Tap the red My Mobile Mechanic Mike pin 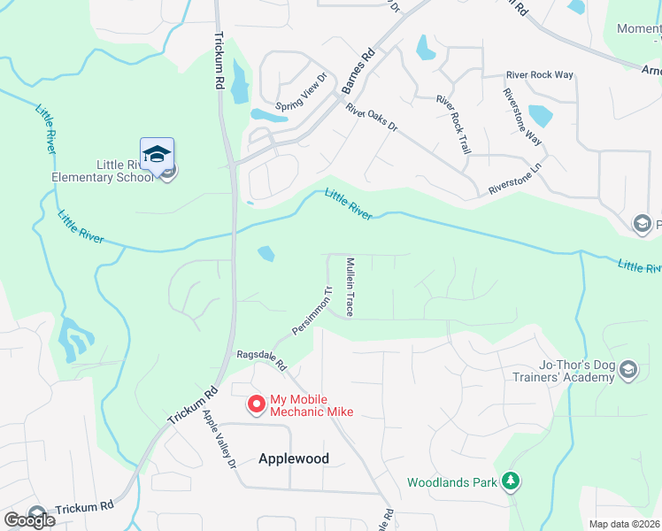pos(257,404)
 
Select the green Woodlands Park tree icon pos(510,481)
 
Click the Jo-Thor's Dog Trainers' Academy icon pos(627,369)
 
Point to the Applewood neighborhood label pos(294,458)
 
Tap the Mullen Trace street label pos(350,287)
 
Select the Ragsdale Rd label pos(262,359)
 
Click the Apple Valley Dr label pos(219,439)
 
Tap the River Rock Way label pos(539,75)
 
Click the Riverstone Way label pos(521,117)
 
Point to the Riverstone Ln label pos(515,178)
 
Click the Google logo pos(29,519)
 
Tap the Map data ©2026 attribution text pos(623,524)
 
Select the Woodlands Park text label pos(452,482)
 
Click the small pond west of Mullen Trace pos(266,254)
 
